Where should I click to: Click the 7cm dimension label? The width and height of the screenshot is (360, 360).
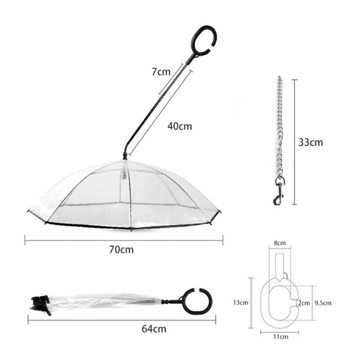[161, 72]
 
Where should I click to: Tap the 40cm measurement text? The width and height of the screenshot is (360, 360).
[180, 126]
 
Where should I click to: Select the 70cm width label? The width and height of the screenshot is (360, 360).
[121, 250]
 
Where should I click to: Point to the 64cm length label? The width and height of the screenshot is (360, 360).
[154, 329]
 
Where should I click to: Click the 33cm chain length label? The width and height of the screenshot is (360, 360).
[310, 142]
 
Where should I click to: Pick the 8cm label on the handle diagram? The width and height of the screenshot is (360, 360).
[279, 243]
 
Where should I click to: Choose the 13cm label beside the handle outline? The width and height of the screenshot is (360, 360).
[241, 302]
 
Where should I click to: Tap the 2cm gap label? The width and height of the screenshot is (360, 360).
[304, 303]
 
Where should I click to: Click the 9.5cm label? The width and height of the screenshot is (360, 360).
[323, 303]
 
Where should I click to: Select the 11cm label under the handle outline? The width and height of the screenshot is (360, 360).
[280, 337]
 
